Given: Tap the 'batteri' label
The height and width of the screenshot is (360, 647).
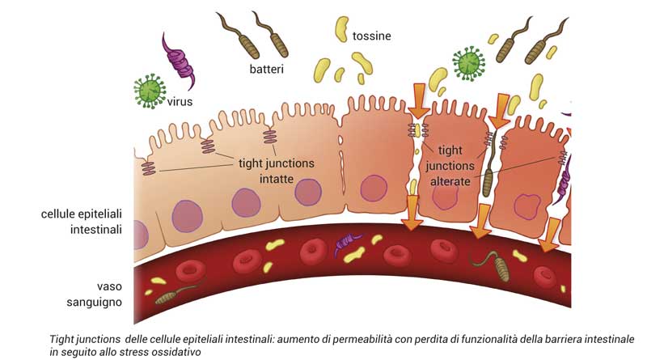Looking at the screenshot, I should [268, 70].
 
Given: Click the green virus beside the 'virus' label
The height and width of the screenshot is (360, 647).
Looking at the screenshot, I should [149, 91].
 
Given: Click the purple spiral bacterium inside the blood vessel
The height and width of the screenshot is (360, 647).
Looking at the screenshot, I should [349, 240].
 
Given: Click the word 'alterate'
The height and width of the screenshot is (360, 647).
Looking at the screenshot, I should [450, 182].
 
